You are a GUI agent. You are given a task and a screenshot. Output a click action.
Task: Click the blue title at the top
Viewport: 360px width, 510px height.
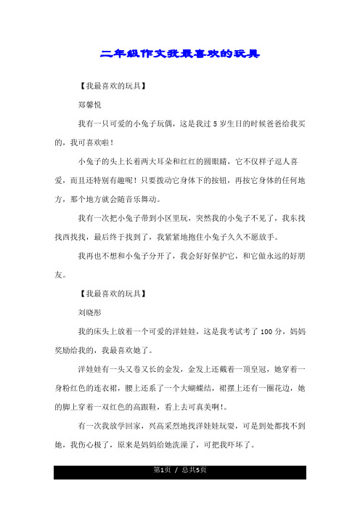(179, 54)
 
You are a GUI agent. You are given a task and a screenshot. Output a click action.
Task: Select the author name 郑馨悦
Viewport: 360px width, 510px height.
(91, 105)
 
